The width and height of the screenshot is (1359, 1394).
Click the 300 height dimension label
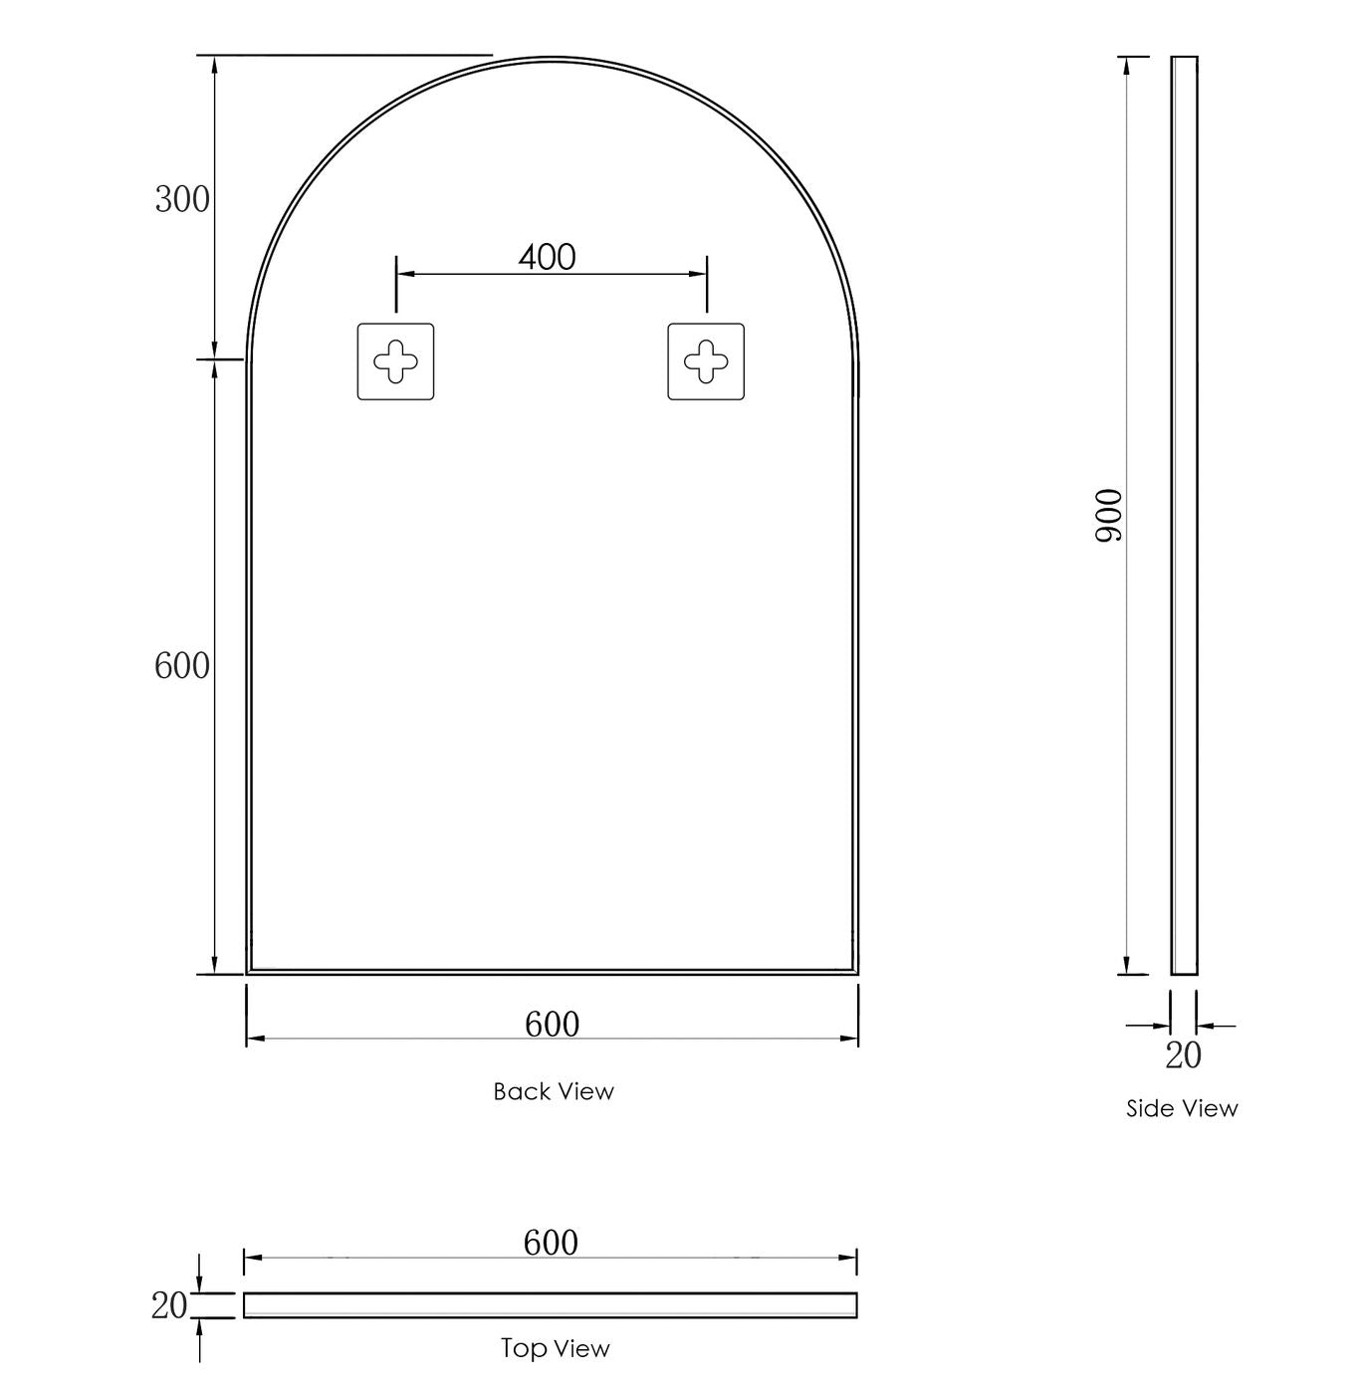(x=182, y=200)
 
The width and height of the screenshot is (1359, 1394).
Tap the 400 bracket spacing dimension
(x=547, y=258)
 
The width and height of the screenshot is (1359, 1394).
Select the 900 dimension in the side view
(x=1108, y=515)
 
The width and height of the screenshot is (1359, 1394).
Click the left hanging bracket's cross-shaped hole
(x=395, y=361)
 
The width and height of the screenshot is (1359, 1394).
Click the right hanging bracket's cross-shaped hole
(x=706, y=361)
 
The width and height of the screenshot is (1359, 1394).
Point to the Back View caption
(x=554, y=1091)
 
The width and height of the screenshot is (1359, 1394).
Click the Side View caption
(x=1182, y=1108)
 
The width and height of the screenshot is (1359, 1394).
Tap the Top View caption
(x=555, y=1348)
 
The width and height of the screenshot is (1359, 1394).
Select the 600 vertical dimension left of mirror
(x=182, y=666)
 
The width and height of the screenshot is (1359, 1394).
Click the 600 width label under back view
(x=552, y=1024)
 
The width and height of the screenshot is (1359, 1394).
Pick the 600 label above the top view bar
(x=551, y=1242)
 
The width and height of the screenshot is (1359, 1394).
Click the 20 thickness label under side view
(x=1183, y=1055)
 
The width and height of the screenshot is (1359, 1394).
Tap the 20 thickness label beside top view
(x=168, y=1305)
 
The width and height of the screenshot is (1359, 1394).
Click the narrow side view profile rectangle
(x=1184, y=515)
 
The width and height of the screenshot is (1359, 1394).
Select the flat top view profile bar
(x=551, y=1304)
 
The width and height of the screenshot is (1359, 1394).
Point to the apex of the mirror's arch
(x=553, y=59)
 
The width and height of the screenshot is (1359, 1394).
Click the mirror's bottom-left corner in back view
(x=248, y=972)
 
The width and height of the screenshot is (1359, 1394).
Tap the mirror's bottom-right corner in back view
(x=856, y=972)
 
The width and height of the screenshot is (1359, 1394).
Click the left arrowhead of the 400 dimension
(x=402, y=273)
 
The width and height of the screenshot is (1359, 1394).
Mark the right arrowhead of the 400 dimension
(x=701, y=273)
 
